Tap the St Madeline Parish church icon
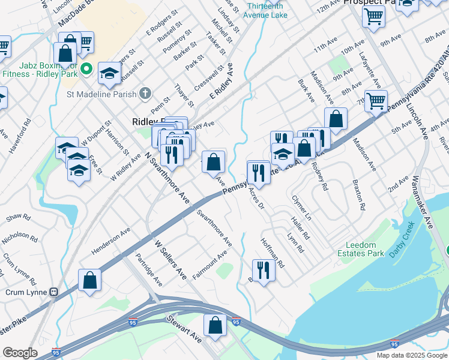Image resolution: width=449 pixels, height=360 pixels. point(145,93)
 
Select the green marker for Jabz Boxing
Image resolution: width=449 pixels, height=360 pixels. point(86,69)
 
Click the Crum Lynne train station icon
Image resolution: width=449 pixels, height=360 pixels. point(54,292)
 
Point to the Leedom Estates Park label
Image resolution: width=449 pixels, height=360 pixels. point(365,249)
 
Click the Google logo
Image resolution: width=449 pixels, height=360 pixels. point(20,353)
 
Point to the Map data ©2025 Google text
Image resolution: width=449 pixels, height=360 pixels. point(412,355)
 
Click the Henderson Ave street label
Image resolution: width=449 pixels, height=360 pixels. point(110,240)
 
